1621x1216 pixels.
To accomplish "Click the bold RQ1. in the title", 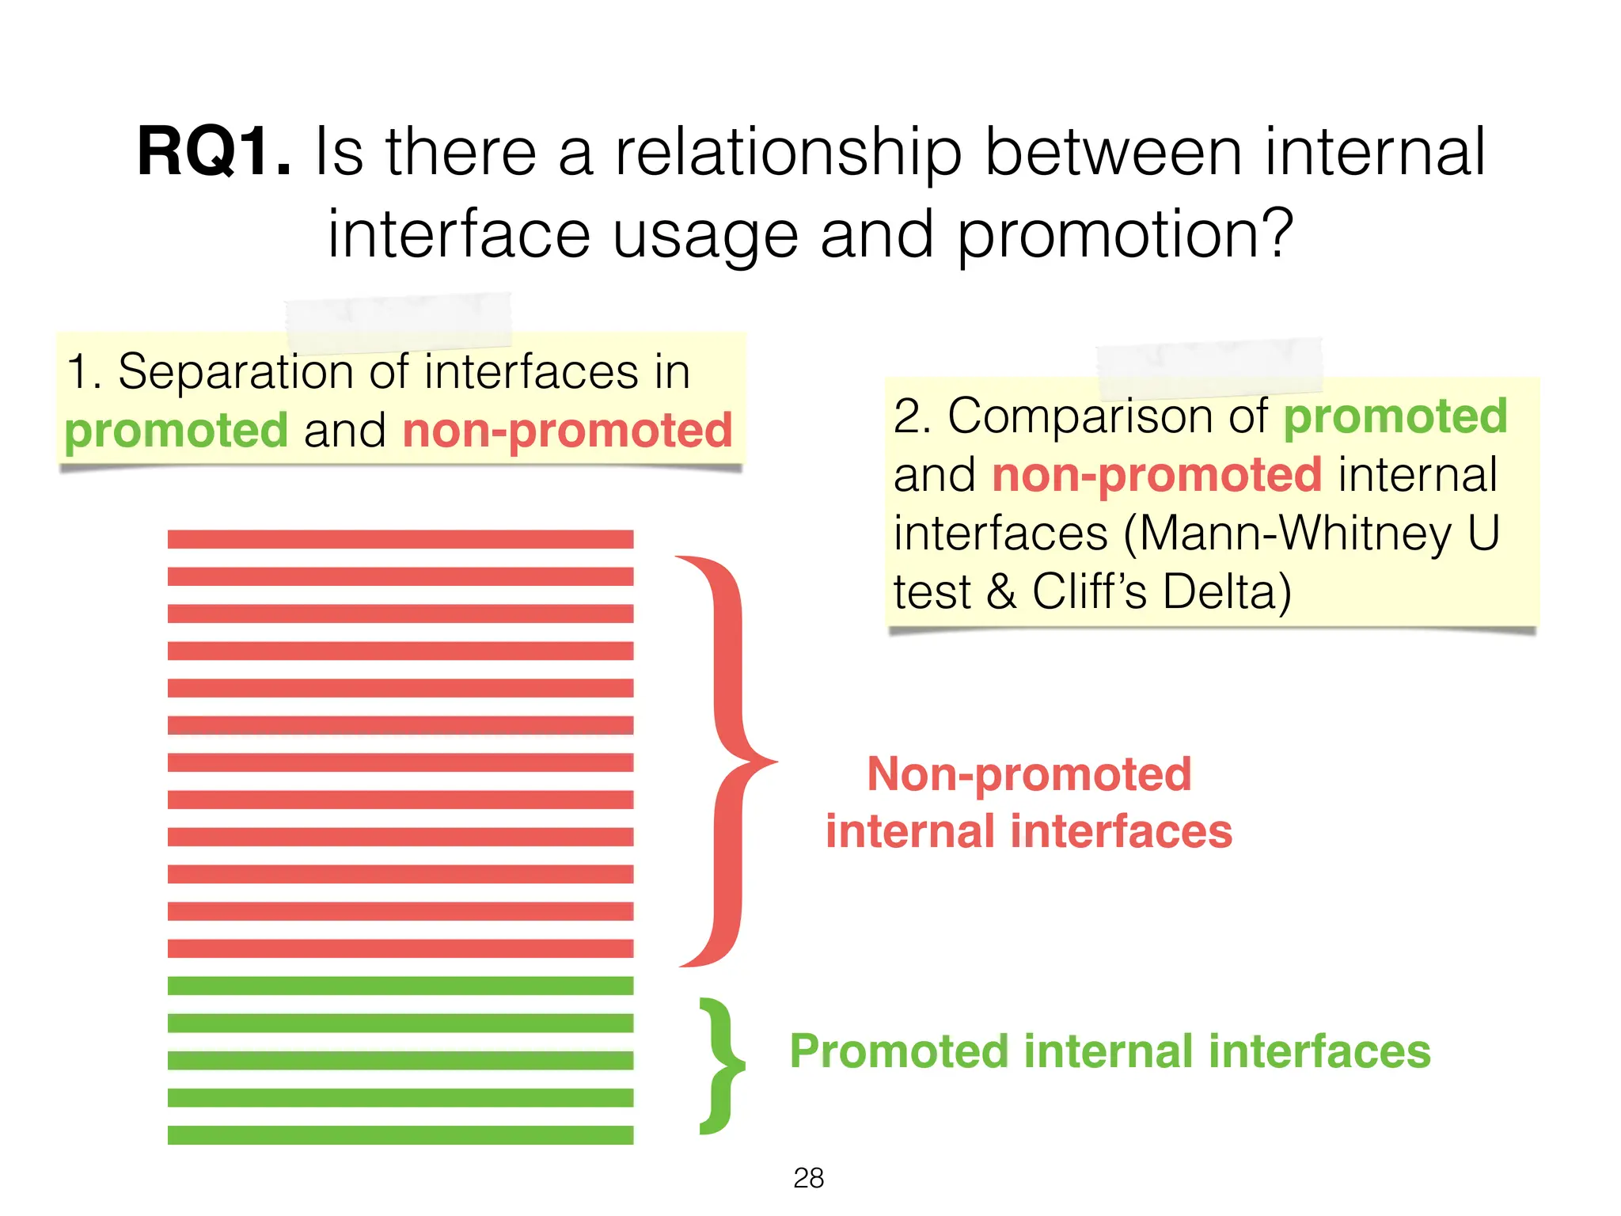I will coord(214,152).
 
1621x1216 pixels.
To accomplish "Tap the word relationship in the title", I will coord(788,152).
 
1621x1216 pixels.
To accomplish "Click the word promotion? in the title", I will coord(1126,234).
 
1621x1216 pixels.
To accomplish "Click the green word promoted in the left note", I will coord(176,430).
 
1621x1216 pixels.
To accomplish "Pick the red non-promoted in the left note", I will coord(568,430).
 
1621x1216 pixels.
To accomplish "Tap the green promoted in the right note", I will coord(1395,416).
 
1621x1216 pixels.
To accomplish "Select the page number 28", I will coord(808,1178).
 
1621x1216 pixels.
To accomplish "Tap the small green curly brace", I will coord(722,1066).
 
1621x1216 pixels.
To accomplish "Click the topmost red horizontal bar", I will coord(401,539).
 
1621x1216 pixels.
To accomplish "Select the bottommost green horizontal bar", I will coord(401,1134).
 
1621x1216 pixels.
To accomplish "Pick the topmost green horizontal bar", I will coord(401,986).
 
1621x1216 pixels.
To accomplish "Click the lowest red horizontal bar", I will coord(401,948).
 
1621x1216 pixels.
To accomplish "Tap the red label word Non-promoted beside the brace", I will coord(1029,774).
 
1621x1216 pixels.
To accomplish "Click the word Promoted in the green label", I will coord(898,1051).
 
